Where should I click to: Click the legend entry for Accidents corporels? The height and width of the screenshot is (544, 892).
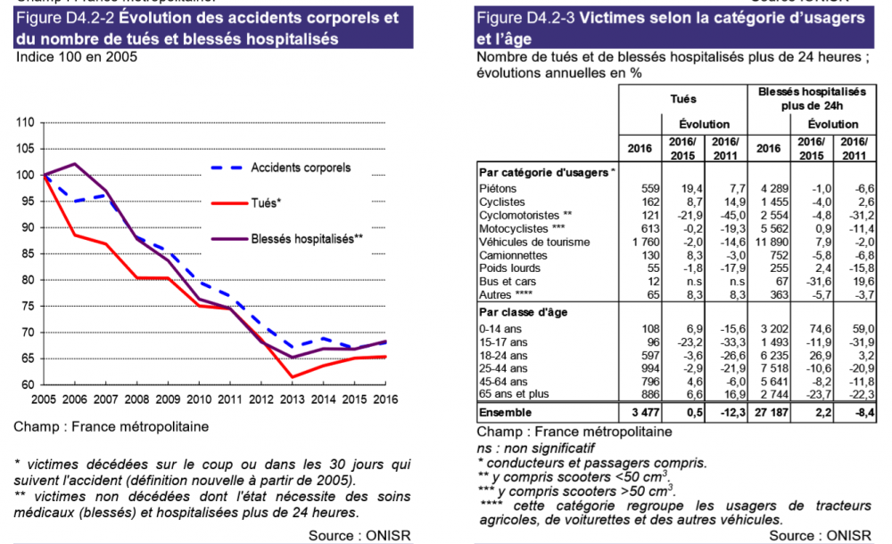tap(301, 168)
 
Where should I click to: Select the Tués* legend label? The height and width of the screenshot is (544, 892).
tap(266, 203)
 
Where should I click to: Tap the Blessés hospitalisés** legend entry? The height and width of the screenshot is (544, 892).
tap(307, 239)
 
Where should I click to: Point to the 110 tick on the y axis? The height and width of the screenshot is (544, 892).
tap(24, 122)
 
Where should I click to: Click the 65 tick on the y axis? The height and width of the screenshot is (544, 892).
tap(27, 359)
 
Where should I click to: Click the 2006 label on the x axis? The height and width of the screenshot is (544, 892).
tap(75, 399)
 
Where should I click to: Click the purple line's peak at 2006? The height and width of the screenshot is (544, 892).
tap(75, 164)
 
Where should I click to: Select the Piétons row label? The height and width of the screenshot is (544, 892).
tap(498, 189)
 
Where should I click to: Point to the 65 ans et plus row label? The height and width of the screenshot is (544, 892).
tap(516, 393)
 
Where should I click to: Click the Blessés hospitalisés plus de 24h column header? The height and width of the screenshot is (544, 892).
tap(811, 98)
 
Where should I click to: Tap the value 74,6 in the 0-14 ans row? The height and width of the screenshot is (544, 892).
tap(817, 328)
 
